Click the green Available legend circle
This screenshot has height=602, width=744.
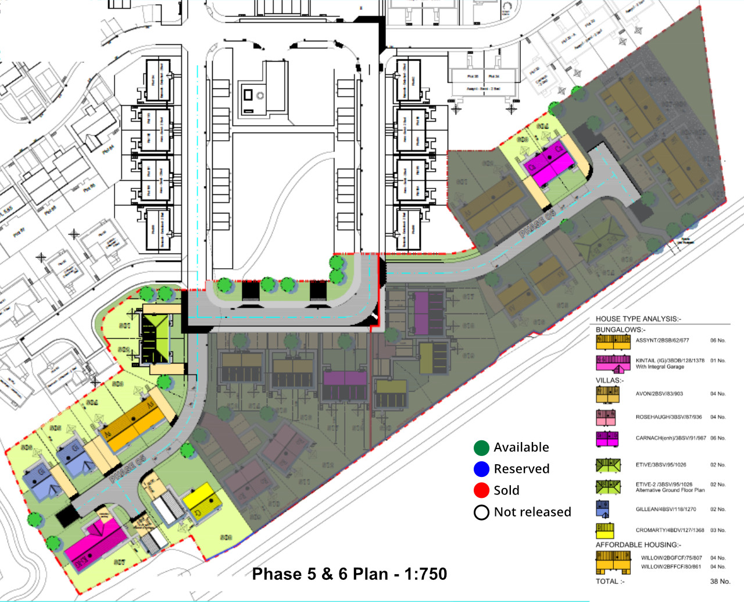pyautogui.click(x=481, y=447)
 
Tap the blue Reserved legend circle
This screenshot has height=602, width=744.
pyautogui.click(x=481, y=469)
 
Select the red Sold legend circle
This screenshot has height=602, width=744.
pyautogui.click(x=481, y=490)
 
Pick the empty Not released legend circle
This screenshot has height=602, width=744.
pyautogui.click(x=481, y=512)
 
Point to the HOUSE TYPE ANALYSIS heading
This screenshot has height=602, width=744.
pyautogui.click(x=638, y=319)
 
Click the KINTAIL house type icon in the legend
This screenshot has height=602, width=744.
pyautogui.click(x=613, y=363)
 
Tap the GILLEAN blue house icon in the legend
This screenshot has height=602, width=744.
pyautogui.click(x=602, y=509)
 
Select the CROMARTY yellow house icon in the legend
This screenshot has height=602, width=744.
pyautogui.click(x=604, y=530)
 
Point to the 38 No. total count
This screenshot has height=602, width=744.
pyautogui.click(x=720, y=581)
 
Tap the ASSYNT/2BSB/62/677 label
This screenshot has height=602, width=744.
pyautogui.click(x=662, y=340)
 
